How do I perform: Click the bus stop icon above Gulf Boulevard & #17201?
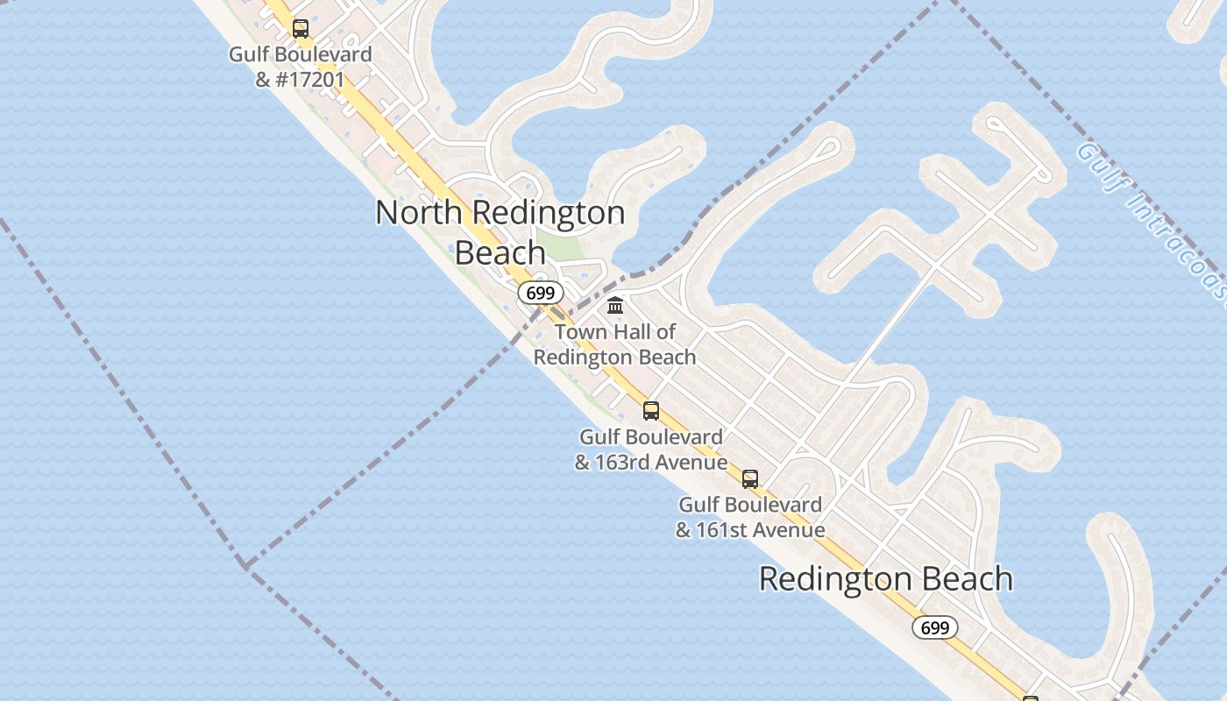click(x=301, y=29)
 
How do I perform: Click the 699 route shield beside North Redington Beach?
click(x=540, y=293)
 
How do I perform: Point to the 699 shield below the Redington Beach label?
click(x=935, y=627)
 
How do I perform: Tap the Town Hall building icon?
click(x=615, y=306)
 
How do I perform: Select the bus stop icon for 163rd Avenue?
click(x=650, y=410)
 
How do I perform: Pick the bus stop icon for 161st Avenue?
click(x=749, y=478)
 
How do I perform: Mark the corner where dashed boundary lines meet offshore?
click(x=245, y=566)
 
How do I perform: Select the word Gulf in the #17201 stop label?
click(x=248, y=54)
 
